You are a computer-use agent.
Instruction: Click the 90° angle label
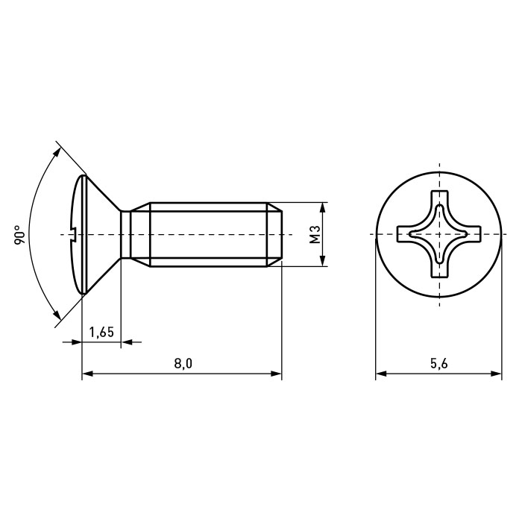click(20, 236)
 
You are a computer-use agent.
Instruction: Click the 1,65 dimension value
click(101, 332)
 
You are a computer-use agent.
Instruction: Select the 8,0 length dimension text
click(183, 364)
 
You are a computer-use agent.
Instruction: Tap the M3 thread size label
click(315, 234)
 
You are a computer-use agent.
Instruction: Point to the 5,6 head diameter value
click(438, 364)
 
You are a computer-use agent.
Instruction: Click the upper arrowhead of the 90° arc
click(57, 152)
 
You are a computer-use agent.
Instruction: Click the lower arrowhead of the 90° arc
click(57, 315)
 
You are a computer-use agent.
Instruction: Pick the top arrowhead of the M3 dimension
click(322, 207)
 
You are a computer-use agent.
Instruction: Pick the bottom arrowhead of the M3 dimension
click(322, 261)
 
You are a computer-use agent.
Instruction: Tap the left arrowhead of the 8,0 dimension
click(87, 374)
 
